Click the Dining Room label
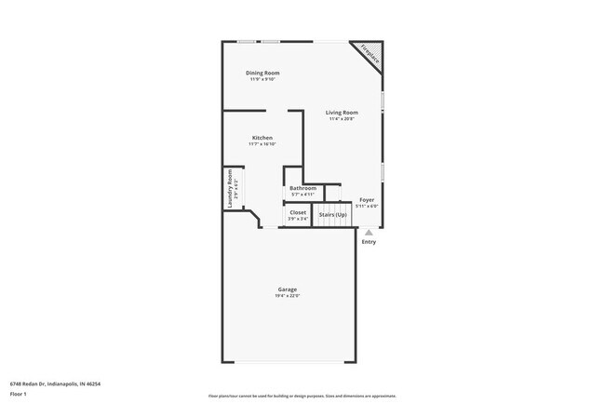[x=262, y=73]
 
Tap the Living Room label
[x=342, y=113]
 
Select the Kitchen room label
[x=262, y=138]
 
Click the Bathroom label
[x=302, y=188]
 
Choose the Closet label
[x=298, y=212]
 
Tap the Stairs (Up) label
[x=332, y=215]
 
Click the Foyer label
[x=367, y=199]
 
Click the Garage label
[x=287, y=290]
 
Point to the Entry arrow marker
[x=369, y=233]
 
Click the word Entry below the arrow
[x=369, y=242]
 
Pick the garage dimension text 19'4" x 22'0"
[x=287, y=296]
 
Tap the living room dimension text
[x=342, y=119]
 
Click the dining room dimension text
[x=262, y=79]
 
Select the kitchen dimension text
[x=262, y=144]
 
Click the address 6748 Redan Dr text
[x=55, y=383]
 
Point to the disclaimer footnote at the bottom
[x=302, y=396]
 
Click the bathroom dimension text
[x=302, y=194]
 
